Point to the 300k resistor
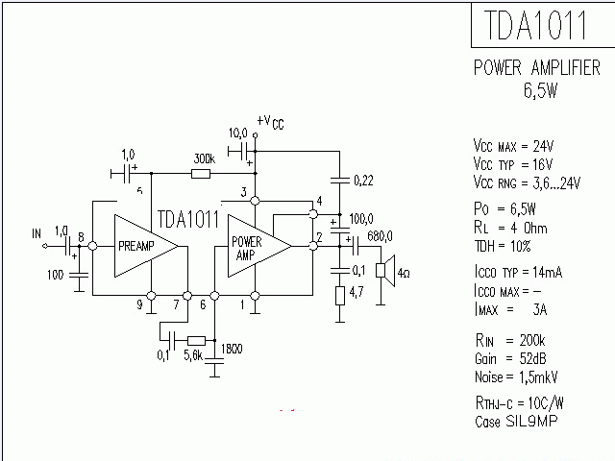tap(201, 174)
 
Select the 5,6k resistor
tap(196, 340)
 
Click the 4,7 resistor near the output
tap(340, 295)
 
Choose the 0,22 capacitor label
tap(364, 180)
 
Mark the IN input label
tap(37, 233)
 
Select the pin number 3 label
tap(244, 194)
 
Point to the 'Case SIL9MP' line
tap(516, 422)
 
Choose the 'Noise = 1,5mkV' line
tap(519, 376)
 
